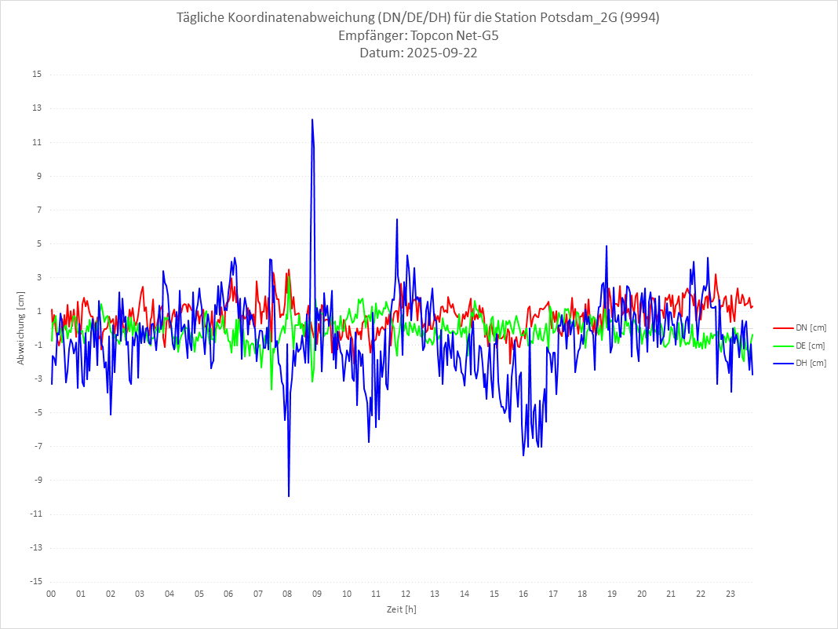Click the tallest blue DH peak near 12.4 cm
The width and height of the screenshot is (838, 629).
pyautogui.click(x=312, y=119)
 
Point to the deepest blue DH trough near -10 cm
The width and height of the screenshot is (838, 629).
pyautogui.click(x=289, y=496)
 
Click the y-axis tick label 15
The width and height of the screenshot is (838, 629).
pyautogui.click(x=37, y=75)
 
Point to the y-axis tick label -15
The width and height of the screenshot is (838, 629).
pyautogui.click(x=35, y=582)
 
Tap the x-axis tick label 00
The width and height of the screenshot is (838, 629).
pyautogui.click(x=51, y=594)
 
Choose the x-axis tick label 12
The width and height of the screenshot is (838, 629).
pyautogui.click(x=406, y=594)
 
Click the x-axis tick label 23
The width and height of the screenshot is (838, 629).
pyautogui.click(x=731, y=594)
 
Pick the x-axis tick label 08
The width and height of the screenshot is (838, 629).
pyautogui.click(x=287, y=594)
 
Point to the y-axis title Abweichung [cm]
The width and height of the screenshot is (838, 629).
pyautogui.click(x=21, y=328)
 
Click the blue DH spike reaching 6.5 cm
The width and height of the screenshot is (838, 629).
pyautogui.click(x=397, y=219)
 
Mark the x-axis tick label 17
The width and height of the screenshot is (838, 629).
pyautogui.click(x=553, y=594)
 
